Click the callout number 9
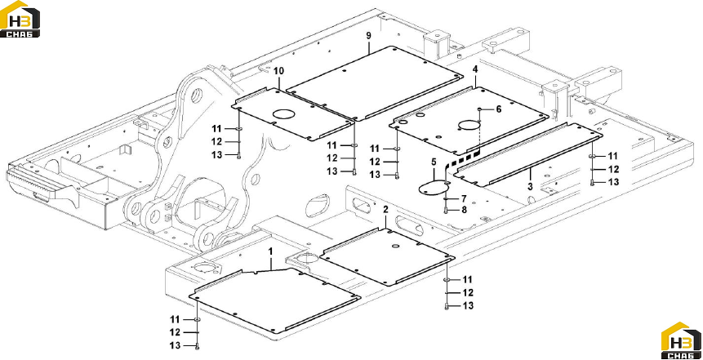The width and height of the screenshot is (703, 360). click(x=368, y=36)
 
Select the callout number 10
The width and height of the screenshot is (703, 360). click(x=279, y=71)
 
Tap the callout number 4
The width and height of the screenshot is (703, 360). click(x=475, y=69)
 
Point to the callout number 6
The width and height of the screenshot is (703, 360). click(x=498, y=109)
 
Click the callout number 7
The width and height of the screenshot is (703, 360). click(x=464, y=198)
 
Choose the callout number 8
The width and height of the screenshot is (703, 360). click(x=464, y=209)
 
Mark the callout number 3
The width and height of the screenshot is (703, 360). click(x=530, y=186)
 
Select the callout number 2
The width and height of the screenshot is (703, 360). click(x=386, y=210)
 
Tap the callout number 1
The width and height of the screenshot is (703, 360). click(x=270, y=252)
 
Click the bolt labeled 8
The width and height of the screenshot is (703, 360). click(x=446, y=211)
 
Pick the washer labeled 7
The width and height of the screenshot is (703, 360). click(x=446, y=198)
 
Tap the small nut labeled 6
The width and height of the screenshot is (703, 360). click(x=480, y=109)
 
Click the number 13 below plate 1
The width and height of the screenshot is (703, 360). click(x=175, y=345)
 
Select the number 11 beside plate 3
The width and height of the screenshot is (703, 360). click(x=613, y=156)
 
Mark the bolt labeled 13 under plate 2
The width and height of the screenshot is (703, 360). click(x=447, y=307)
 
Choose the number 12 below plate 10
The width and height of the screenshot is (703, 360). click(x=217, y=142)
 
